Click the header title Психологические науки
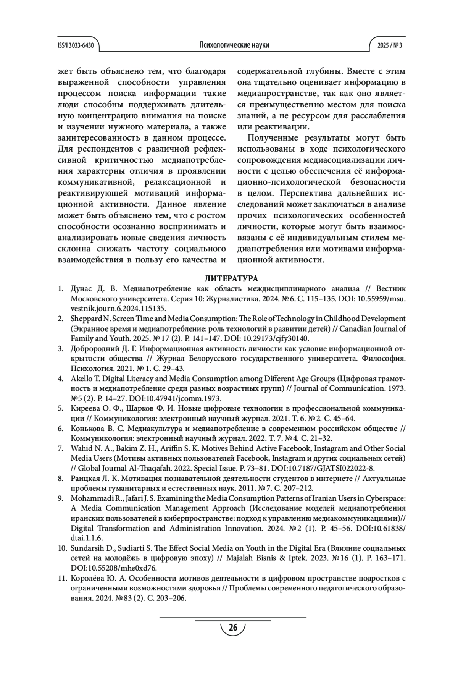click(x=234, y=45)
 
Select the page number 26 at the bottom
click(x=233, y=628)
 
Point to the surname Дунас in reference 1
click(x=82, y=288)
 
